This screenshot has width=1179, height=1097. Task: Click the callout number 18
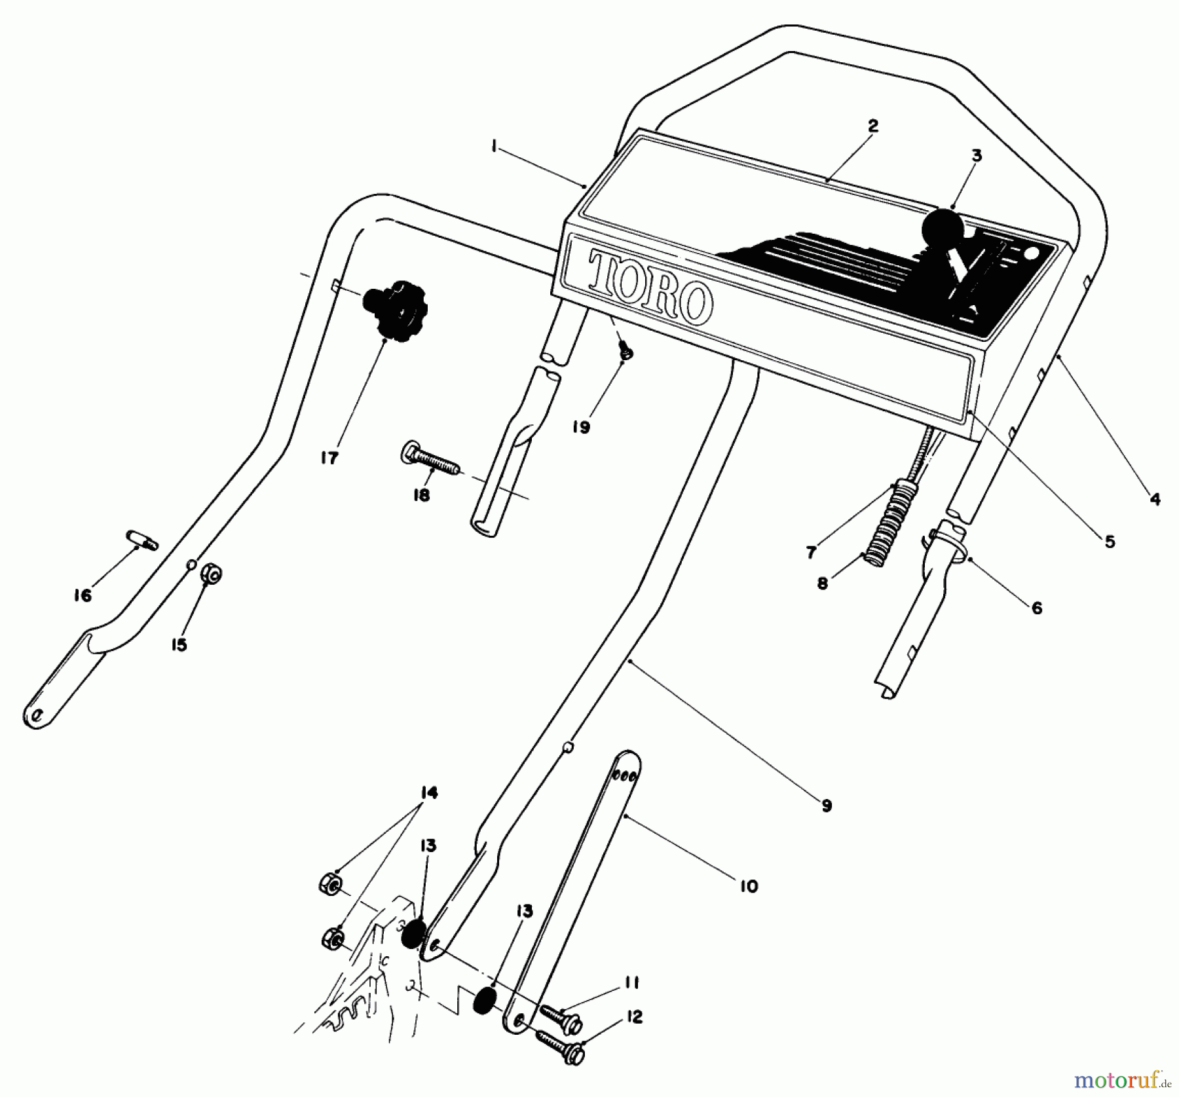[x=421, y=495]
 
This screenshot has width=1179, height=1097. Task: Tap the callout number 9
[x=827, y=806]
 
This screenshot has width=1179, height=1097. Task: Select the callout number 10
[x=748, y=887]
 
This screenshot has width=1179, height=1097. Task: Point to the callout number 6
[x=1036, y=608]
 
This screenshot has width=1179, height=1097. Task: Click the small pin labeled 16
[x=141, y=542]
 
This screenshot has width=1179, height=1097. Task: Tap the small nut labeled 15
[x=212, y=574]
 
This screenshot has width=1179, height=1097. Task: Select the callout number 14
[x=428, y=793]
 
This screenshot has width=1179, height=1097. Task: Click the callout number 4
[x=1155, y=499]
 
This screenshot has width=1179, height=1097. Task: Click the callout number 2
[x=872, y=126]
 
